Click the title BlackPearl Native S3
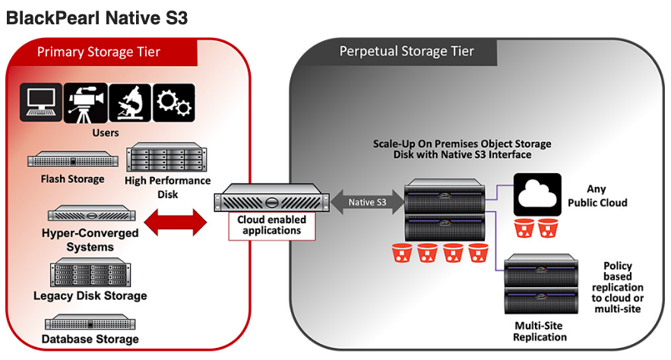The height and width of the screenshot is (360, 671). coord(97,17)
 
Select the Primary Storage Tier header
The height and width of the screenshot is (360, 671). coord(99,52)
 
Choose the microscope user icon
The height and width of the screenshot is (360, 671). coord(130,103)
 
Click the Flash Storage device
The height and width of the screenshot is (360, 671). coord(73,160)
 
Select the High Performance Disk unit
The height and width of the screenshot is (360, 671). coord(165,158)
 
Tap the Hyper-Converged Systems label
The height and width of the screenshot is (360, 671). coord(90,240)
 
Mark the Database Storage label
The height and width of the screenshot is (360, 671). coord(90,339)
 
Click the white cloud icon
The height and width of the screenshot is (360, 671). coord(537,196)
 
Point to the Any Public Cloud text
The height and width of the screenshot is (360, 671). coord(607,196)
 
